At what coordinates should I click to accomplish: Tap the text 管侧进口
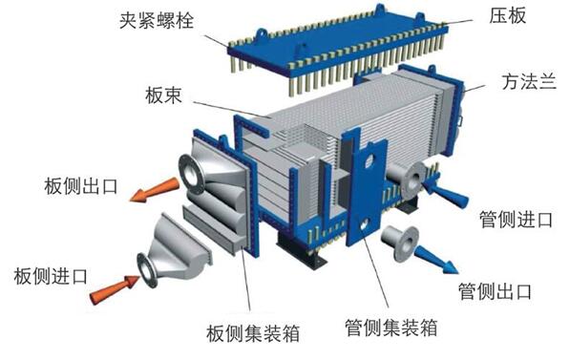(516, 220)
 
